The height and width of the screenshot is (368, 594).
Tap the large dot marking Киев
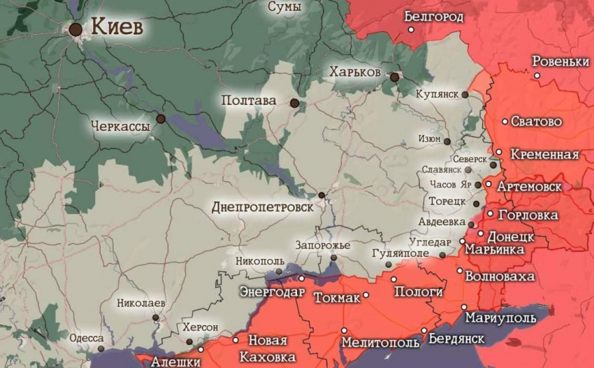75,29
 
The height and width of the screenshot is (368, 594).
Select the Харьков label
355,73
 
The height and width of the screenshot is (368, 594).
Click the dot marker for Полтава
295,103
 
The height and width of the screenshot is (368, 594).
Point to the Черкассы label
119,127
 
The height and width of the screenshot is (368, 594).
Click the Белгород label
433,16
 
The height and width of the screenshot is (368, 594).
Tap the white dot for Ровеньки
537,76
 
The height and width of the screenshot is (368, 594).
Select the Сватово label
536,122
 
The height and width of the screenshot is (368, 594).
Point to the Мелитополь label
380,343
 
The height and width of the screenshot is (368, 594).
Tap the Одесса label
87,338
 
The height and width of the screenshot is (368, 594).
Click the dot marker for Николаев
156,318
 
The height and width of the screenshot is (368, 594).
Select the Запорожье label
322,245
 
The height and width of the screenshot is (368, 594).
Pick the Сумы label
285,7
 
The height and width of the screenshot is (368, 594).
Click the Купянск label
436,94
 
